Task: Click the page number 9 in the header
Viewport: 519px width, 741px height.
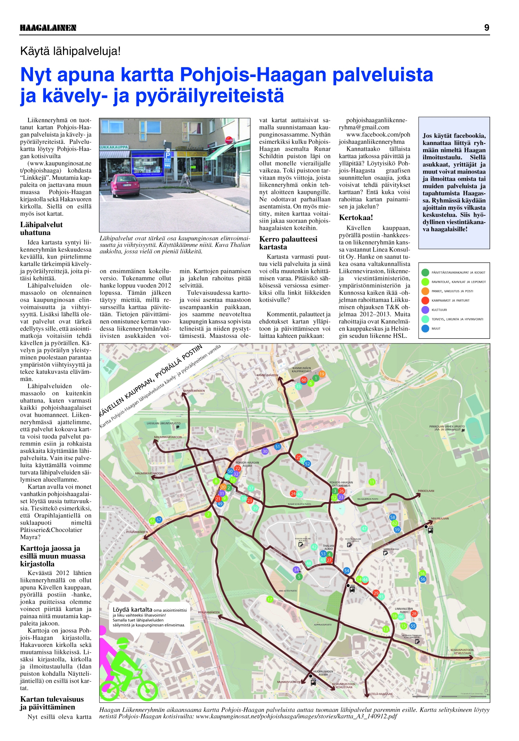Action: coord(487,27)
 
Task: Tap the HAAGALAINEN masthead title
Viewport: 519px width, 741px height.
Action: coord(48,28)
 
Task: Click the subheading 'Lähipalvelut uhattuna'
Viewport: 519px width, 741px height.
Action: coord(41,229)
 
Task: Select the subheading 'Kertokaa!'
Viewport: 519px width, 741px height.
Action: coord(356,217)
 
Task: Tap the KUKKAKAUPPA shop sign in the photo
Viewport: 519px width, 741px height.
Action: coord(114,147)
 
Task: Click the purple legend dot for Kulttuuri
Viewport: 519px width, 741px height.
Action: coord(425,310)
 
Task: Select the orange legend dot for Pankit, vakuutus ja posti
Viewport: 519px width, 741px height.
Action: coord(425,291)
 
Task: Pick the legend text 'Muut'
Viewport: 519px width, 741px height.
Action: coord(436,329)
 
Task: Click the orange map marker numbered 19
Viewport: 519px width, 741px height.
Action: coord(322,374)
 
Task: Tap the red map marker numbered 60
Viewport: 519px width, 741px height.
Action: coord(304,380)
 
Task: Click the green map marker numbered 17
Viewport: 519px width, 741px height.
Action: coord(270,599)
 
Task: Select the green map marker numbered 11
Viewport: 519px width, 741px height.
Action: coord(372,482)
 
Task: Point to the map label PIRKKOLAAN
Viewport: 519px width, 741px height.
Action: coord(426,491)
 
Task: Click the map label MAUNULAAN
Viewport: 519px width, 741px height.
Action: coord(440,518)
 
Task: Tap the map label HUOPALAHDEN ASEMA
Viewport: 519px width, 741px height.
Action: coord(323,673)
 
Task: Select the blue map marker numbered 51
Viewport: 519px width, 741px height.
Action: coord(278,447)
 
